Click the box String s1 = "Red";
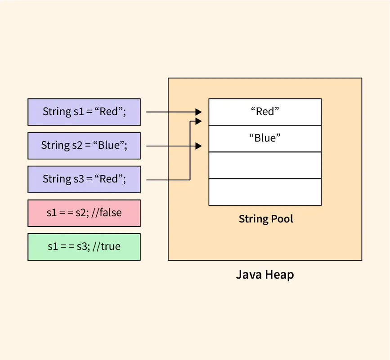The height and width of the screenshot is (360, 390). coord(84,112)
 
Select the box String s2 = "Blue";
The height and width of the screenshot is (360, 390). coord(84,146)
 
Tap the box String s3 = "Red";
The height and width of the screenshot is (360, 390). coord(84,179)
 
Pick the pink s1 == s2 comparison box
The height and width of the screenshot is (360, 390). coord(84,213)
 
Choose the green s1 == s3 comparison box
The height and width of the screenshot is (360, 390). coord(84,247)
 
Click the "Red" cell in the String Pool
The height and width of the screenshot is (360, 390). coord(265,112)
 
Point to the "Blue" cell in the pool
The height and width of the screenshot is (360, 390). coord(265,138)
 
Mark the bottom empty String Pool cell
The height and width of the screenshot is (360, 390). coord(265,192)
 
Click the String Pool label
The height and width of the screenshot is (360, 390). coord(266,219)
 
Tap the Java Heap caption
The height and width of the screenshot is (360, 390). coord(265,275)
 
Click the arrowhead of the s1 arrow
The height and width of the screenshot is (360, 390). coord(198,112)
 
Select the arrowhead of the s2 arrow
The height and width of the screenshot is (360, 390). coord(198,146)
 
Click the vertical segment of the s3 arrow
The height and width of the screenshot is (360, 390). coord(190,151)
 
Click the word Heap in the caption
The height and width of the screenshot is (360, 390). coord(279,275)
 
